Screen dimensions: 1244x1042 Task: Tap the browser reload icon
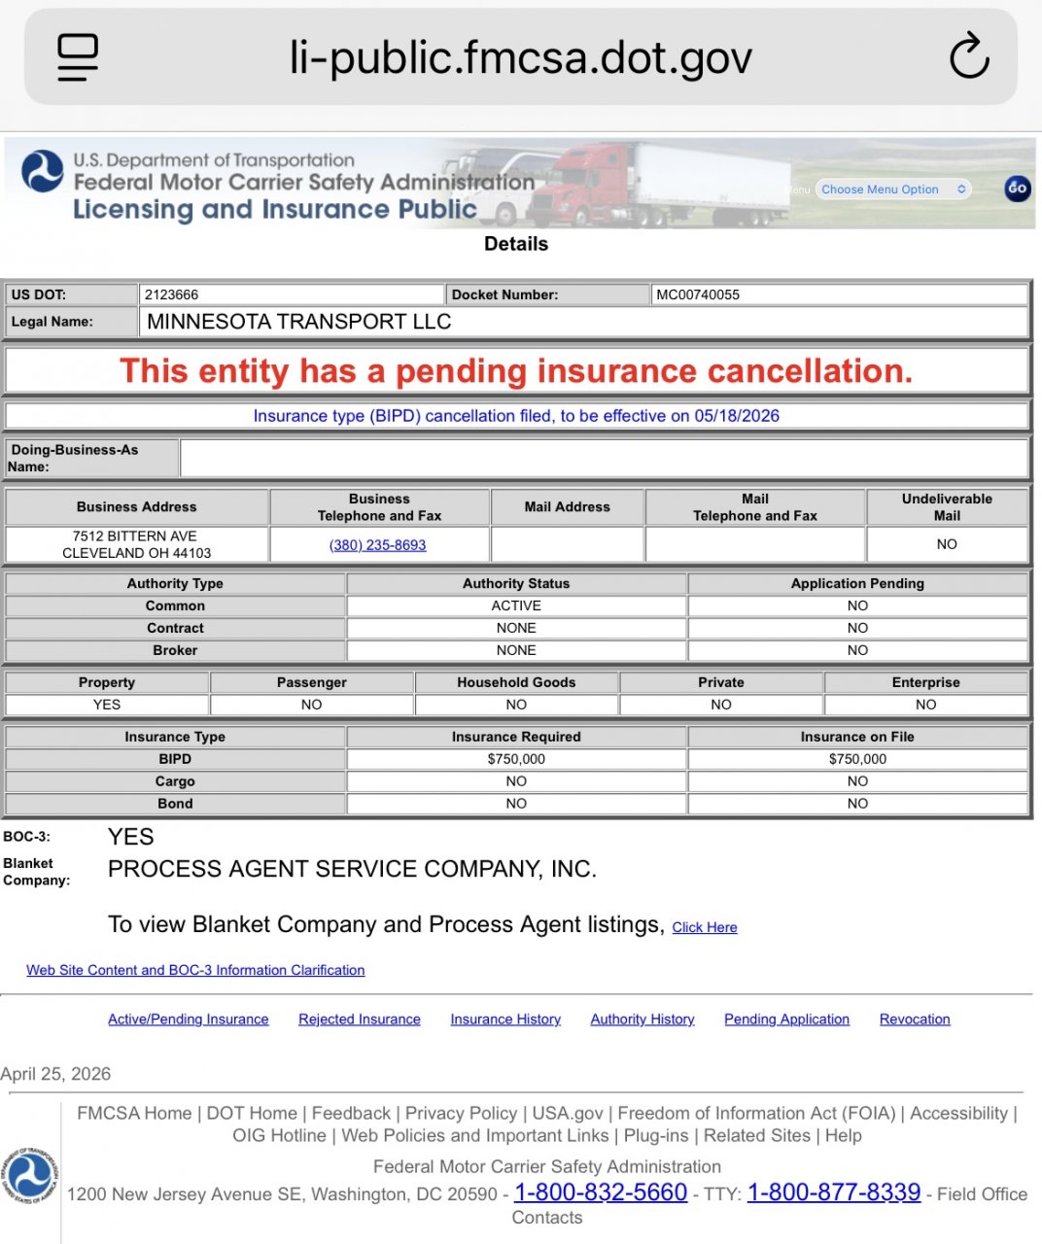pos(968,56)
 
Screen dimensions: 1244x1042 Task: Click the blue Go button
pos(1017,189)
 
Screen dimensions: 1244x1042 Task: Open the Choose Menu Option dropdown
pos(892,190)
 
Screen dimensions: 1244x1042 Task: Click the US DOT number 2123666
pos(172,294)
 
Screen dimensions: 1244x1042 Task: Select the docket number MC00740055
pos(698,294)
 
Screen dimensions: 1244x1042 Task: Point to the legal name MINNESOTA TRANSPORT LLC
pos(298,322)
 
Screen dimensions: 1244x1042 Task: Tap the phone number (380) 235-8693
pos(378,545)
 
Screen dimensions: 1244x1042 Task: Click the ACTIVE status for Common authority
pos(516,605)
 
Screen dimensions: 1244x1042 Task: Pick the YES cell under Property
pos(107,705)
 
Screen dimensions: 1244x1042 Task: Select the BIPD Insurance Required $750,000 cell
pos(516,759)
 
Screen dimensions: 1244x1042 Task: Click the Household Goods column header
pos(516,682)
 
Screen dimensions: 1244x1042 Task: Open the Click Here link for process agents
pos(705,927)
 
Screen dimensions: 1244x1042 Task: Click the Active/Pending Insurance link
pos(188,1019)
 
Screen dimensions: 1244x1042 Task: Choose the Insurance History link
pos(505,1019)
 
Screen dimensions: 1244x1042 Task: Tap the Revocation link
pos(915,1019)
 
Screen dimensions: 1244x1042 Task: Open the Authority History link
pos(643,1019)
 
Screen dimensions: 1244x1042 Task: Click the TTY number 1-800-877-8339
pos(833,1192)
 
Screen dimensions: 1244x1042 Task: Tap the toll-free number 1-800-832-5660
pos(600,1192)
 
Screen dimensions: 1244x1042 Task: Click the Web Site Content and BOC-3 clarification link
pos(195,970)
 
